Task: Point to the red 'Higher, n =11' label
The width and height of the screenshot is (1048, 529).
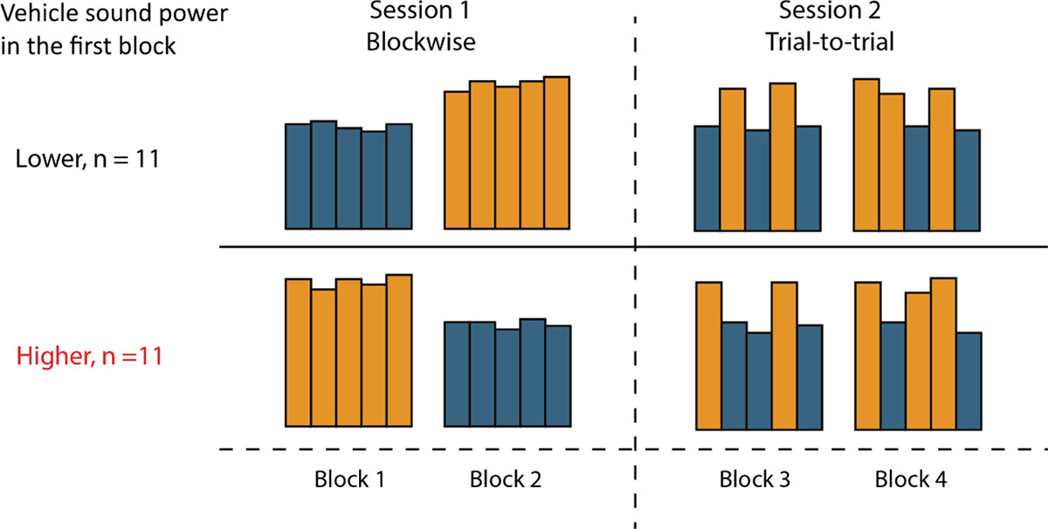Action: click(87, 356)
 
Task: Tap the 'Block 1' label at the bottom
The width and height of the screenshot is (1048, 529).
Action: click(349, 479)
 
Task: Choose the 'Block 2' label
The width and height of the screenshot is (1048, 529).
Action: click(506, 479)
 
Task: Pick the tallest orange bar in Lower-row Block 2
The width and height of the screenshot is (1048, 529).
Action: click(556, 153)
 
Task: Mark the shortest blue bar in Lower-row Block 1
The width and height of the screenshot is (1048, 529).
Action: click(374, 180)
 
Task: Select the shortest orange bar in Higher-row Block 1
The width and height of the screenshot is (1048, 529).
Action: click(324, 358)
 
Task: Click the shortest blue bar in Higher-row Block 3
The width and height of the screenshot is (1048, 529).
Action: click(759, 381)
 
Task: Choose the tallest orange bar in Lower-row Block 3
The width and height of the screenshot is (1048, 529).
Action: click(782, 157)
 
